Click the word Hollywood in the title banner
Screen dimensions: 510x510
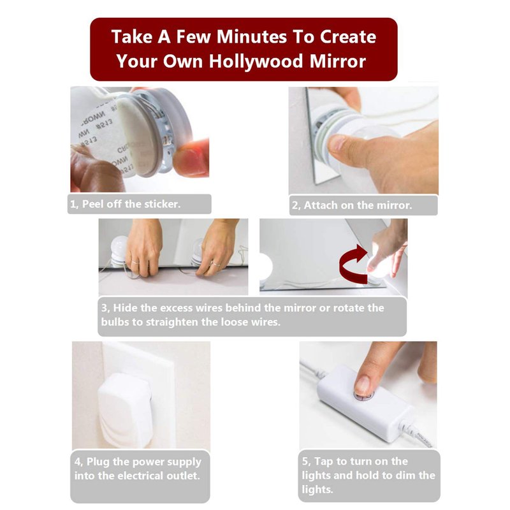(x=257, y=61)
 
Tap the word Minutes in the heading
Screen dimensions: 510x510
(x=252, y=36)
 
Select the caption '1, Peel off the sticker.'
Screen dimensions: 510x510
(x=125, y=204)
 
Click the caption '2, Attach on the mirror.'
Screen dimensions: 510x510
(x=352, y=205)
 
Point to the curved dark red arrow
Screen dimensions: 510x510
(x=353, y=265)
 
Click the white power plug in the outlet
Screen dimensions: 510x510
(x=125, y=411)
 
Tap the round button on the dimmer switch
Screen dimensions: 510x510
(x=364, y=395)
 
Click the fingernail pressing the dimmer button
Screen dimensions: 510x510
(x=362, y=386)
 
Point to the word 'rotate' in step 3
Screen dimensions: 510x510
(x=347, y=308)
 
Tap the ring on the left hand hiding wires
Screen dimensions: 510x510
(x=135, y=262)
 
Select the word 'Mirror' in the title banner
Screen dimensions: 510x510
(x=338, y=61)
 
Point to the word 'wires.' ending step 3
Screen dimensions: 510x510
(x=266, y=322)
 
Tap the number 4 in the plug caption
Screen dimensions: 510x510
(x=77, y=462)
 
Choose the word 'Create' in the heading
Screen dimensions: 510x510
(x=348, y=36)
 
